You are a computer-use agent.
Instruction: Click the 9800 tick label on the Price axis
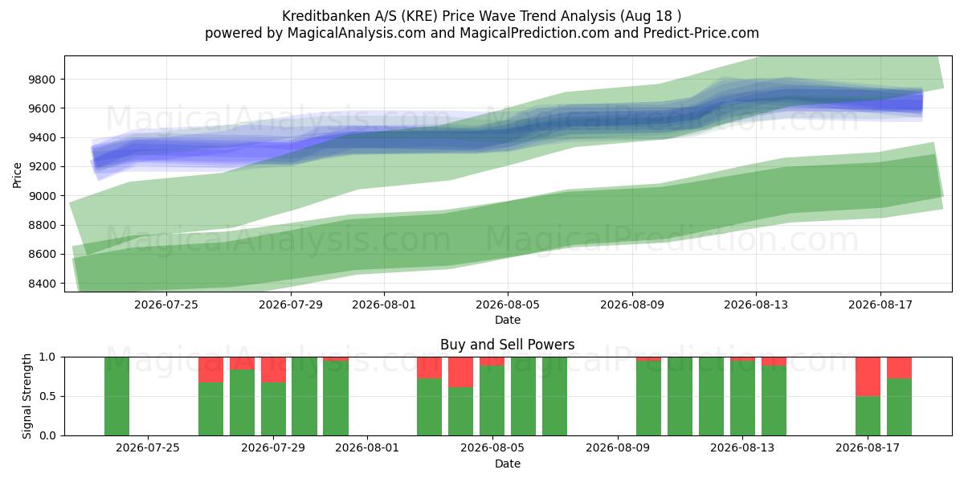point(42,80)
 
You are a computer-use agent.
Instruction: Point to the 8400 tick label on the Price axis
point(42,284)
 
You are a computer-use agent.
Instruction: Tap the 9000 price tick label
point(42,196)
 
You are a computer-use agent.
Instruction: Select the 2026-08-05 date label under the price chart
point(508,304)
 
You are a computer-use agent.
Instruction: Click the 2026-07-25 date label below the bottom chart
point(148,447)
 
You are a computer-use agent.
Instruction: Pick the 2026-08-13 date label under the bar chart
point(742,447)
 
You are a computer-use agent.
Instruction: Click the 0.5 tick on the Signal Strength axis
point(47,396)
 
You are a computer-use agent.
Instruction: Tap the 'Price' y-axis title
point(17,175)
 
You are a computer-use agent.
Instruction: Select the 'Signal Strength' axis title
point(27,396)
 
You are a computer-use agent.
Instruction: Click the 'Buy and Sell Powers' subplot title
point(508,345)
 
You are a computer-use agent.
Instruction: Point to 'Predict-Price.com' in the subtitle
point(701,33)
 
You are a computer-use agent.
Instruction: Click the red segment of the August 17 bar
point(868,377)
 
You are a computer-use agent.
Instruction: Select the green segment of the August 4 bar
point(460,411)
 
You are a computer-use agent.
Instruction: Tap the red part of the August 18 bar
point(899,368)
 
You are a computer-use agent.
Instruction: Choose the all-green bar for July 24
point(116,396)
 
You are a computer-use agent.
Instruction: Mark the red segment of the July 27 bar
point(210,370)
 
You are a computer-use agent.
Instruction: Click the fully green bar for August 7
point(554,396)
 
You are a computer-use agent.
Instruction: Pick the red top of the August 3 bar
point(429,368)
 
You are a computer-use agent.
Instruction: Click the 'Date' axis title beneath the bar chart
point(508,464)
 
